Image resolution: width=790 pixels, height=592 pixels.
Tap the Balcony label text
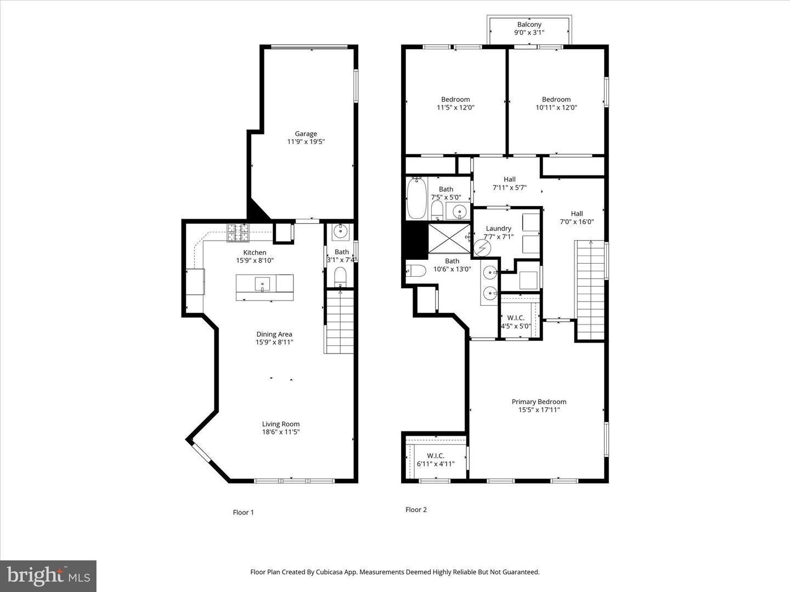pyautogui.click(x=529, y=25)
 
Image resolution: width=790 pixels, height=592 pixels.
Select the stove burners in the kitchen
pyautogui.click(x=238, y=233)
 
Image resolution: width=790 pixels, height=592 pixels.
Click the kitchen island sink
pyautogui.click(x=262, y=284)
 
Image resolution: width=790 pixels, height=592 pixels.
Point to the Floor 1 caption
pyautogui.click(x=243, y=512)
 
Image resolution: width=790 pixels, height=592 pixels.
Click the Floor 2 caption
pyautogui.click(x=416, y=509)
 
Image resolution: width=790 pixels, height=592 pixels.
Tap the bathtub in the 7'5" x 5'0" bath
pyautogui.click(x=417, y=198)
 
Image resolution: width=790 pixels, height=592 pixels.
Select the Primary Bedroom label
pyautogui.click(x=539, y=401)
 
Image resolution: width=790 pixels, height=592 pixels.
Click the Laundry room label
pyautogui.click(x=499, y=228)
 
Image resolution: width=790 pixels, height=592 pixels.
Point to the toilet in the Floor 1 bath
pyautogui.click(x=340, y=277)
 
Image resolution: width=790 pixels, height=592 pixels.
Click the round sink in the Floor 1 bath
pyautogui.click(x=340, y=231)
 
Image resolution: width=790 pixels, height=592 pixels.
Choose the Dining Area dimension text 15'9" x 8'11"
pyautogui.click(x=274, y=342)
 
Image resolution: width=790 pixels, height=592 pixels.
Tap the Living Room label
pyautogui.click(x=281, y=424)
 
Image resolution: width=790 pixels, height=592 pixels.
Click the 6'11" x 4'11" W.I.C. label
pyautogui.click(x=436, y=460)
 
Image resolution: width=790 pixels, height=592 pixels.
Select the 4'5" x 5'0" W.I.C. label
pyautogui.click(x=516, y=322)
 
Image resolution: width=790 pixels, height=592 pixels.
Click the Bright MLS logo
pyautogui.click(x=48, y=576)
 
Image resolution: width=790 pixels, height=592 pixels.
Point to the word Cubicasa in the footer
pyautogui.click(x=330, y=572)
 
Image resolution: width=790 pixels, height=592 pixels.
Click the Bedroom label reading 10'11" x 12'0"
pyautogui.click(x=556, y=103)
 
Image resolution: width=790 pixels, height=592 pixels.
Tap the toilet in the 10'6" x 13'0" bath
pyautogui.click(x=416, y=270)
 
